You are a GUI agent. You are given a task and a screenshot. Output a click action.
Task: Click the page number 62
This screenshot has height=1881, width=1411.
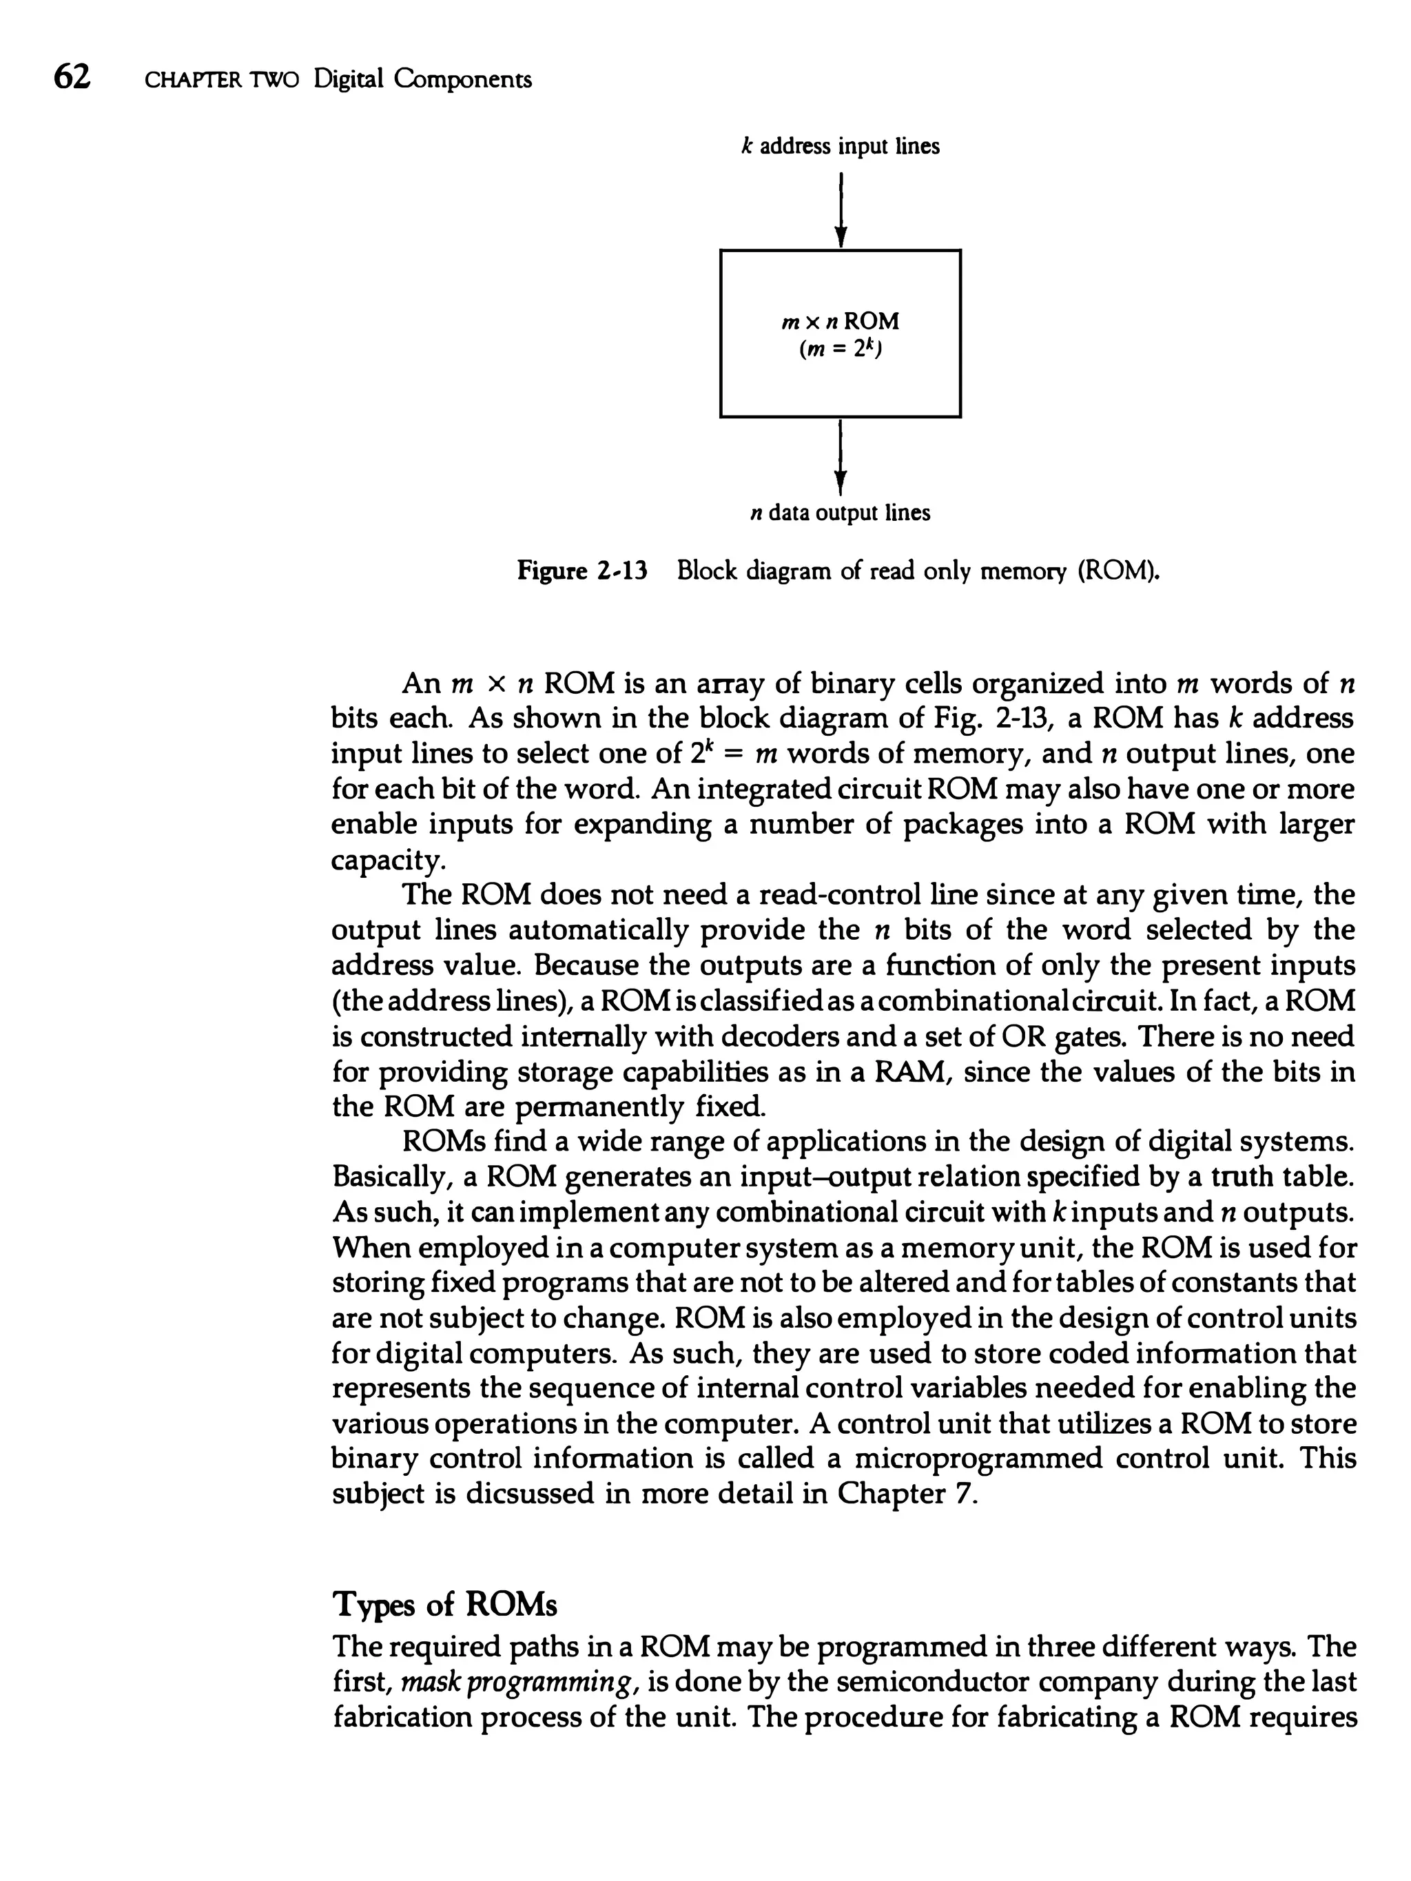pyautogui.click(x=72, y=79)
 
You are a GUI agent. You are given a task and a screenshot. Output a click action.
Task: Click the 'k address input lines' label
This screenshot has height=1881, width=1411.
pyautogui.click(x=841, y=147)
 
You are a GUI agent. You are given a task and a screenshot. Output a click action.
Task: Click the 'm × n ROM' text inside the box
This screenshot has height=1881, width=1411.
pyautogui.click(x=841, y=322)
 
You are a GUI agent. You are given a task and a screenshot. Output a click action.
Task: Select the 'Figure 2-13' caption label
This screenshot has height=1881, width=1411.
pyautogui.click(x=583, y=571)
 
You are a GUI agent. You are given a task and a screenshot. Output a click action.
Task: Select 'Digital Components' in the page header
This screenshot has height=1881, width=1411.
pyautogui.click(x=423, y=79)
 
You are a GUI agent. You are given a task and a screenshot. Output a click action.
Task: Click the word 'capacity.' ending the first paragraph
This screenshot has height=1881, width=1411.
pyautogui.click(x=388, y=861)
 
